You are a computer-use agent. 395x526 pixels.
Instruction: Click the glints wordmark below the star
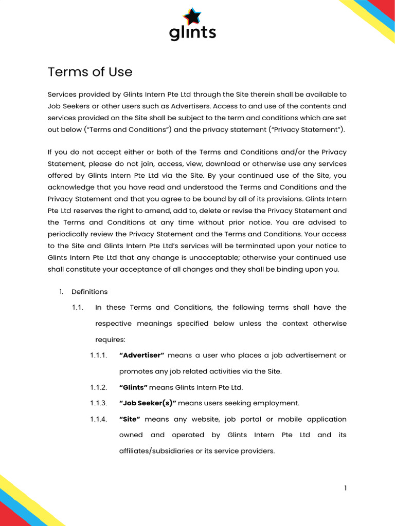coord(192,32)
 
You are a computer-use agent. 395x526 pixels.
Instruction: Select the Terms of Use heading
coord(90,72)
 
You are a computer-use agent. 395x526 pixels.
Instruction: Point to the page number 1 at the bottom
coord(346,487)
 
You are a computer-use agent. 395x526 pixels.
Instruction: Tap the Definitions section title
coord(89,292)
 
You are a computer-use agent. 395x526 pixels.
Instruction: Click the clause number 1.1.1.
coord(98,355)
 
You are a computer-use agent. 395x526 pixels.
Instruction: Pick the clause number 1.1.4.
coord(98,419)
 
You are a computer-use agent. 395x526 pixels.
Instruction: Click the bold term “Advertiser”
coord(141,355)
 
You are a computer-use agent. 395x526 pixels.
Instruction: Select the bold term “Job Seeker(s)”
coord(148,403)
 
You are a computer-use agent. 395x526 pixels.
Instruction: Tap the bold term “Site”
coord(130,419)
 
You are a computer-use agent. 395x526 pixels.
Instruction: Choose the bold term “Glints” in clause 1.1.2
coord(133,387)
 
